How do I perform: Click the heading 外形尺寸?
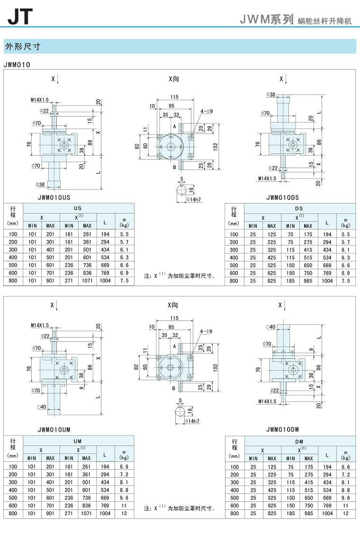click(x=22, y=46)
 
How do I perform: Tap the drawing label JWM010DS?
click(x=283, y=197)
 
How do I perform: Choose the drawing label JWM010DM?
click(x=283, y=429)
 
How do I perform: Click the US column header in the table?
click(x=78, y=208)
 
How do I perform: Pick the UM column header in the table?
click(x=78, y=441)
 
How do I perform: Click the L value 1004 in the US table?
click(x=105, y=281)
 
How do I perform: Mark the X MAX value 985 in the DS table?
click(x=308, y=281)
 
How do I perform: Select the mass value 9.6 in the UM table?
click(x=125, y=498)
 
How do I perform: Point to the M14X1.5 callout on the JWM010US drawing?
click(x=40, y=100)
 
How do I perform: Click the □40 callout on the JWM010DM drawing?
click(x=271, y=327)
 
